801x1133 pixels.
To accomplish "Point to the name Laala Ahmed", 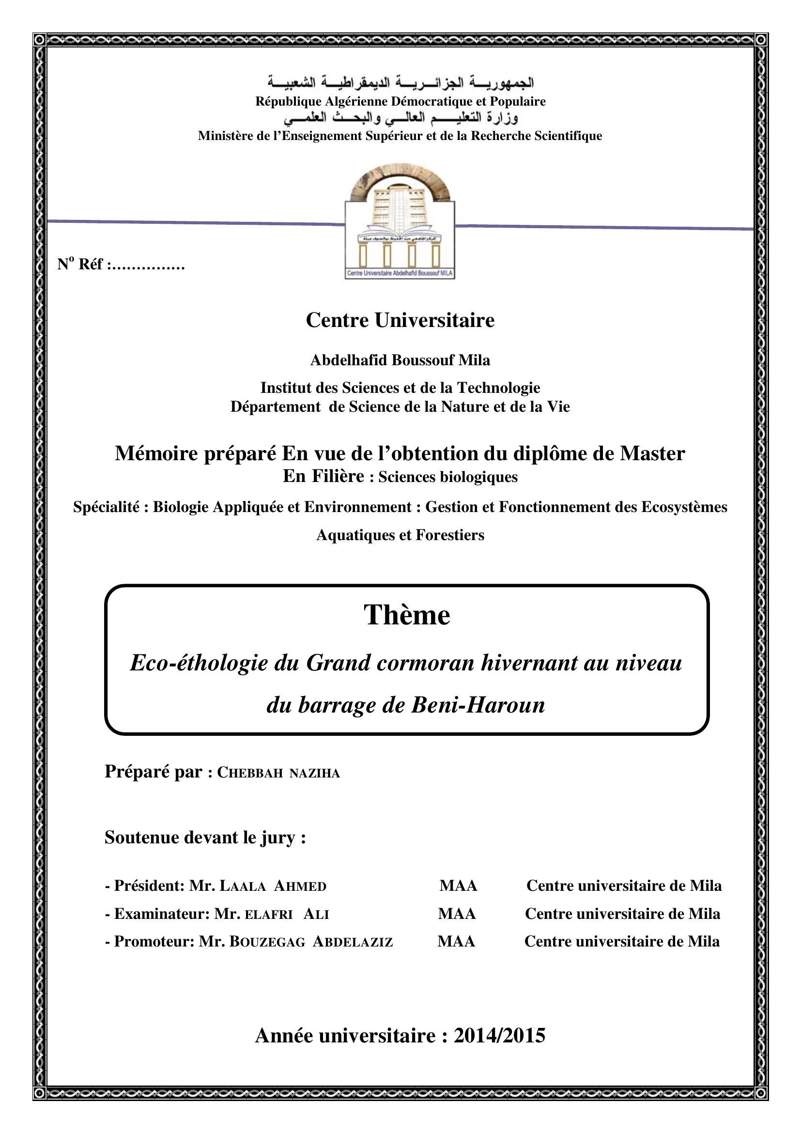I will pos(273,886).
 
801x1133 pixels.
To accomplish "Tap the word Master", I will pos(652,453).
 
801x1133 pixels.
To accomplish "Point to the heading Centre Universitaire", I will pos(400,320).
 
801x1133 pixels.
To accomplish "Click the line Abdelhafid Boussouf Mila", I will pos(400,360).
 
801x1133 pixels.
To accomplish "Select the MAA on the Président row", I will pos(458,886).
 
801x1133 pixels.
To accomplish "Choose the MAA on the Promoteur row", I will pos(456,941).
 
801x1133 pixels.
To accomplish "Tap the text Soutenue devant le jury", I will pos(205,837).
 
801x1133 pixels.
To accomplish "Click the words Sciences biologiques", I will pos(448,477).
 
